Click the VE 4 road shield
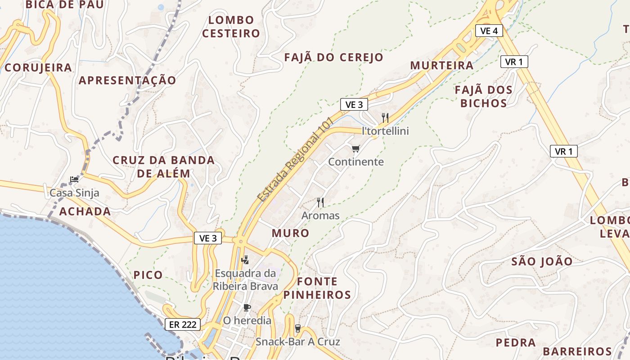(x=489, y=31)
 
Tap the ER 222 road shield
(x=182, y=324)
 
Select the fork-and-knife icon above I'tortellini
(x=385, y=118)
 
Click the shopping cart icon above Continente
(x=356, y=148)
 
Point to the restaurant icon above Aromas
(x=320, y=202)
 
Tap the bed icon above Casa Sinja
(x=74, y=179)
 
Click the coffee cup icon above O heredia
(x=247, y=307)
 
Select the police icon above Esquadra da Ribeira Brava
(x=245, y=260)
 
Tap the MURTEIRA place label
(x=442, y=65)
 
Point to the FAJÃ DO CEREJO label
(x=334, y=57)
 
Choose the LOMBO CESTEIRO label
(x=231, y=27)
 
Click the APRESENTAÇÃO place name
(x=128, y=80)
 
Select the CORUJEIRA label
(x=38, y=67)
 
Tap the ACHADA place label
(x=85, y=211)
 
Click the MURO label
(x=290, y=233)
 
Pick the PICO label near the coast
(x=148, y=275)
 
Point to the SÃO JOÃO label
(x=542, y=261)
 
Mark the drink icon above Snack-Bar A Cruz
(x=297, y=328)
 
